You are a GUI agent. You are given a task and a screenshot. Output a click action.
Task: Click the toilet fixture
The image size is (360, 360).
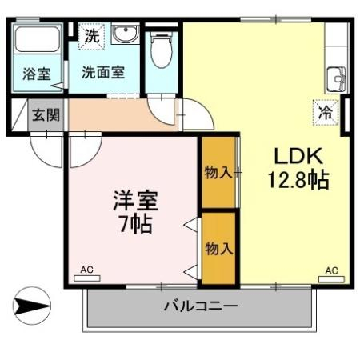pos(161,50)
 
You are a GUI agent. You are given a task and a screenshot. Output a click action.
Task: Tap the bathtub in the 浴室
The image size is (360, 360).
pos(38,39)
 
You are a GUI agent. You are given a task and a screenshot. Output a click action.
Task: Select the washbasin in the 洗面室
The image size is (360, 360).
pos(125,34)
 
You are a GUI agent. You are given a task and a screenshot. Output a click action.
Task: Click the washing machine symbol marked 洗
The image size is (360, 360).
pos(91,36)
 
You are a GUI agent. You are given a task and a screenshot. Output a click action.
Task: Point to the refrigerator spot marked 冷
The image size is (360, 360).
pos(326,112)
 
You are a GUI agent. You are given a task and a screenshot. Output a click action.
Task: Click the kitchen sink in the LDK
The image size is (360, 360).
pos(337,79)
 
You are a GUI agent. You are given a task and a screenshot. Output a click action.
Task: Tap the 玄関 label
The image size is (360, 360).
pos(46,115)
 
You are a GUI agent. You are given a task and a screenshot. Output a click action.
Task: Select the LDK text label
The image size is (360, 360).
pos(298,156)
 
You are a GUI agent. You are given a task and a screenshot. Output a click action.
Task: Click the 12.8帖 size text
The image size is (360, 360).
pos(298,180)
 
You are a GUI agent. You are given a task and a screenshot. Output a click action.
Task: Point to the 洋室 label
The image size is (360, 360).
pos(136,201)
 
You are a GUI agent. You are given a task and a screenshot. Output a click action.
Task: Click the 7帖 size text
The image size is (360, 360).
pos(136,224)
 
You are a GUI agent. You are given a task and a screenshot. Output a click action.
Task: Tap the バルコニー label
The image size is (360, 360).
pos(200,306)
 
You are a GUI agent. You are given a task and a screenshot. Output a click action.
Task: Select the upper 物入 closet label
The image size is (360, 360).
pos(218,173)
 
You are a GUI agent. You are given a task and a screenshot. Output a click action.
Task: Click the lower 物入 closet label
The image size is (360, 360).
pos(219,249)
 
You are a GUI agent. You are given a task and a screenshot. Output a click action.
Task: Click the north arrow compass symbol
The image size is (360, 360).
pos(32,306)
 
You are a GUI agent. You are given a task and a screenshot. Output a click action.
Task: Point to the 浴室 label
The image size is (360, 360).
pos(37,74)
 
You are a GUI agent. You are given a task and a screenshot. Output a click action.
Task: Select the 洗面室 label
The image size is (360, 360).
pos(103,72)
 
